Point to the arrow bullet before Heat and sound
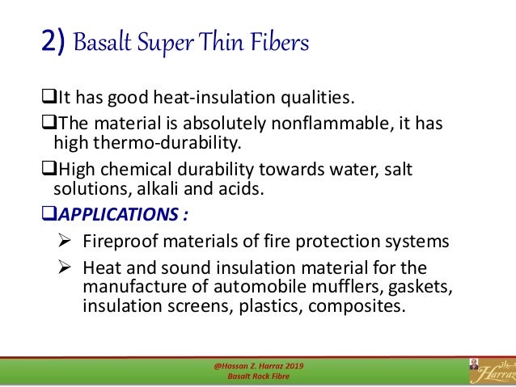pos(67,267)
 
